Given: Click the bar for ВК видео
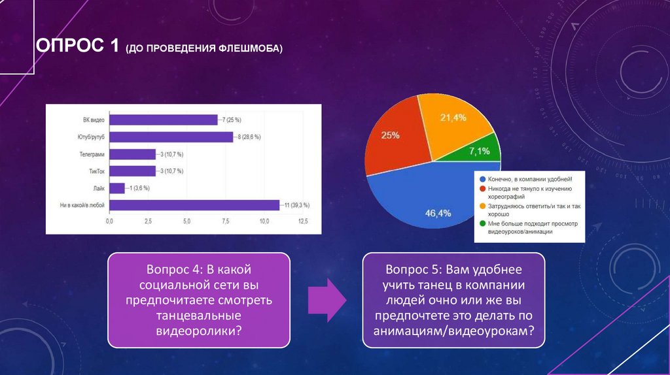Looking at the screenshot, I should (x=163, y=120).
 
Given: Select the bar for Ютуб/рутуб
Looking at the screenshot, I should (x=171, y=137).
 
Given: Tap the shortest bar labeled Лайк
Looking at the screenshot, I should (x=116, y=188).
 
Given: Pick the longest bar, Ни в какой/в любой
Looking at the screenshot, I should (x=194, y=205).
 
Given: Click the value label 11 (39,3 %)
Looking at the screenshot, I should (x=297, y=205).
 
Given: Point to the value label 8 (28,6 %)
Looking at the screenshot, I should (x=248, y=137).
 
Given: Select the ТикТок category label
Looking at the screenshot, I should (x=96, y=171).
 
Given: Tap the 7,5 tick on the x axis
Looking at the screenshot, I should (x=226, y=223).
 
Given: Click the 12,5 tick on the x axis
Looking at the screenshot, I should (x=303, y=223).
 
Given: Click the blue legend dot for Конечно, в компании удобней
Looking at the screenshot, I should (x=482, y=178).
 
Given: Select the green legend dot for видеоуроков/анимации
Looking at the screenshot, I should (x=482, y=223).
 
